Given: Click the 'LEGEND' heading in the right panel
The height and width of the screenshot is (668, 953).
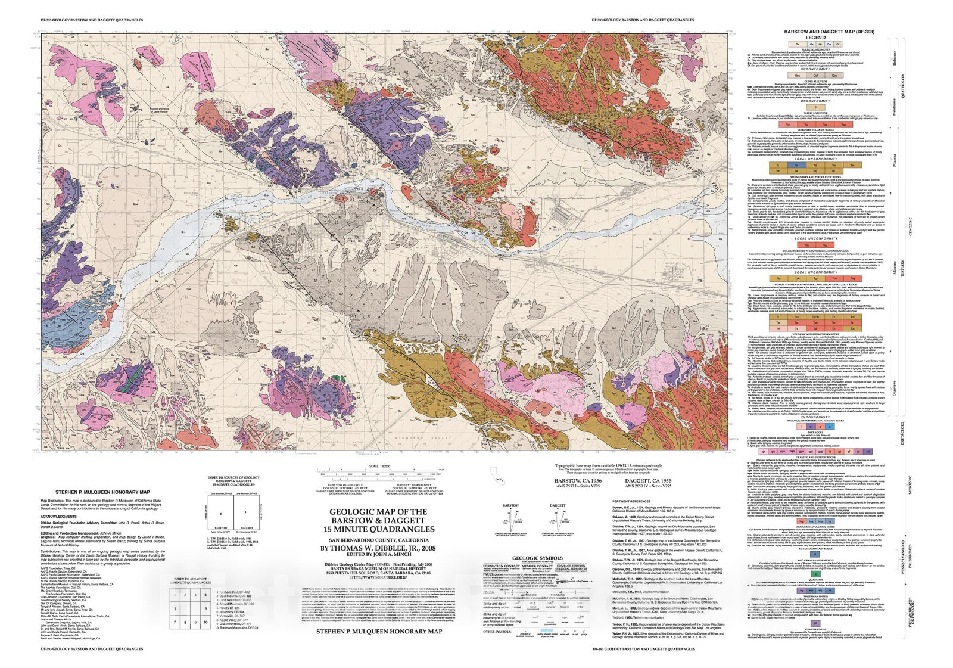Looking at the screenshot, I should (815, 38).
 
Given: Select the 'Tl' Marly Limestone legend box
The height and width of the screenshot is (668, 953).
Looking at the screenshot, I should (815, 107).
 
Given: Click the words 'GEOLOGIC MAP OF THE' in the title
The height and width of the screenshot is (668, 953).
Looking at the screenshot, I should (378, 511).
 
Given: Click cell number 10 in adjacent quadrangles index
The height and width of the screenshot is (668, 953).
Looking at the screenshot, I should (205, 622).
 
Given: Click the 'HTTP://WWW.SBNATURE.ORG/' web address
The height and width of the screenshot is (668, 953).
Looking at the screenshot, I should (378, 577).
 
